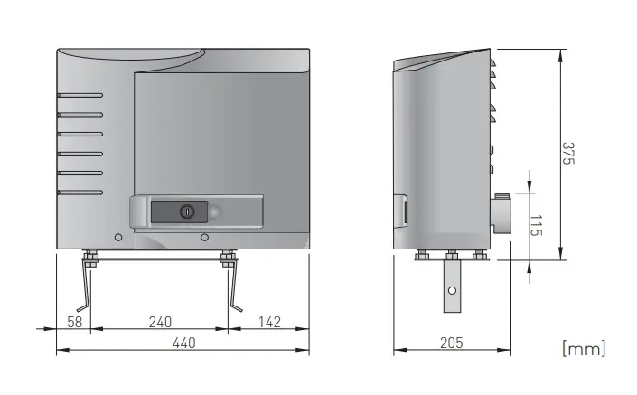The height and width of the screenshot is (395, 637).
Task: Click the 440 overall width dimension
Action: click(x=184, y=343)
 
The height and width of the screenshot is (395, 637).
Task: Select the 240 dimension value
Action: click(x=160, y=322)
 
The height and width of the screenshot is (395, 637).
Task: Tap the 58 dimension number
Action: click(x=75, y=322)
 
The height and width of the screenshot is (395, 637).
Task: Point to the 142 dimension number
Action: click(x=270, y=322)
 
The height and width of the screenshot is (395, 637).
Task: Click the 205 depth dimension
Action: click(x=452, y=343)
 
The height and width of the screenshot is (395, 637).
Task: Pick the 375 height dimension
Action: click(x=568, y=153)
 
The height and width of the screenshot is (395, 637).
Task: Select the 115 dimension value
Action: click(x=536, y=226)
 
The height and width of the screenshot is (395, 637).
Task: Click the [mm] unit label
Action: click(x=584, y=349)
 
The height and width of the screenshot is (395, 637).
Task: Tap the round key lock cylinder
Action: click(x=187, y=212)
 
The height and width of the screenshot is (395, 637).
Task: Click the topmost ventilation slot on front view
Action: click(x=80, y=96)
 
